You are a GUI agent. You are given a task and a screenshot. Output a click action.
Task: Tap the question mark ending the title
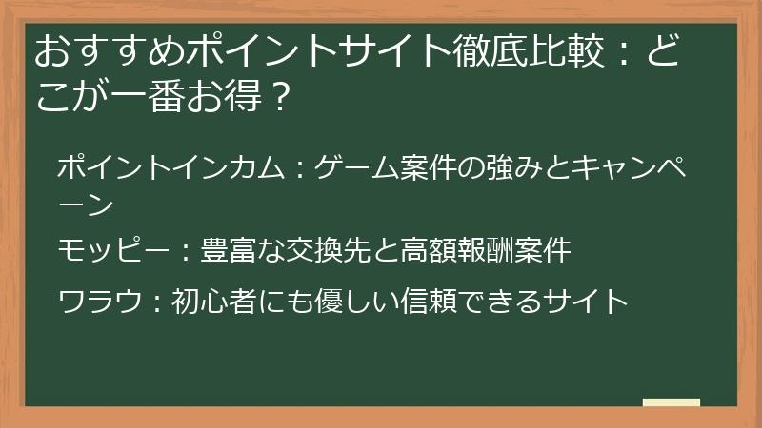[275, 96]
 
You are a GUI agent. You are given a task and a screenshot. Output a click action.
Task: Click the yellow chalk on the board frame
[672, 402]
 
